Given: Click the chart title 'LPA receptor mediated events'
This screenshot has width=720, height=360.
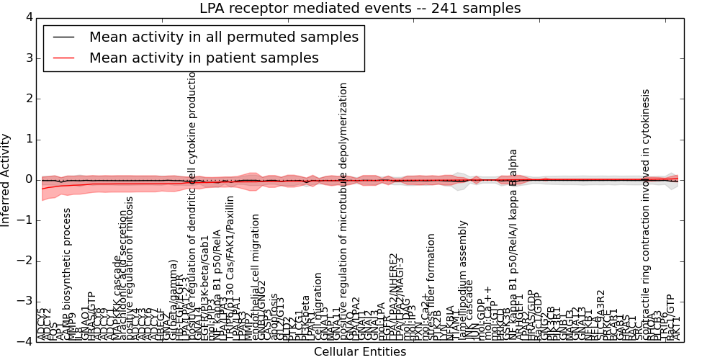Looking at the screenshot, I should [360, 9].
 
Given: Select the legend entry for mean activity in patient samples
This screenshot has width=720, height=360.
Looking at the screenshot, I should [204, 58].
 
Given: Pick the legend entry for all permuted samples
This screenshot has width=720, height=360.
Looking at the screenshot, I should [223, 36].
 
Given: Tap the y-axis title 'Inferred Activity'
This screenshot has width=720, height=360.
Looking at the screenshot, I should [6, 180].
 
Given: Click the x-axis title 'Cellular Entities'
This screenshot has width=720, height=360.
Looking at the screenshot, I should [360, 352].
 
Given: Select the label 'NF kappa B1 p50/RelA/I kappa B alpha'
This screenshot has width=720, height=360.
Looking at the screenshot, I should [513, 245].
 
